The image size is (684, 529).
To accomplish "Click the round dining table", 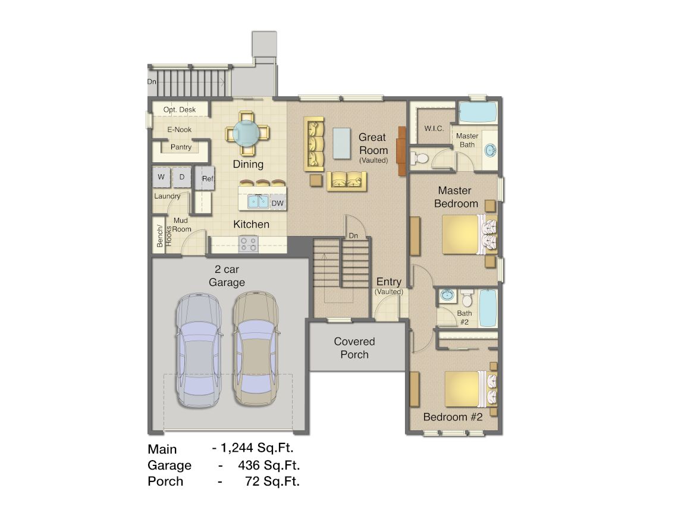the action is point(247,133).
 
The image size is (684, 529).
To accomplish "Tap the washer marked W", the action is point(161,177).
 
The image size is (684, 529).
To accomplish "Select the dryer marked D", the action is point(182,177).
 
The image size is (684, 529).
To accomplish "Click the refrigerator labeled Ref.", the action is point(205,178).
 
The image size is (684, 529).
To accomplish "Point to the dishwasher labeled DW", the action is point(277,203).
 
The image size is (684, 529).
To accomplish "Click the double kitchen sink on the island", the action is point(258,201).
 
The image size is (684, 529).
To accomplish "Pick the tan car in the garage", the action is point(256,348).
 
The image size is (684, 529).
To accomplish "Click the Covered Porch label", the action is point(354,348).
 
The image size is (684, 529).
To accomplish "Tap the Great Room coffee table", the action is point(341,143).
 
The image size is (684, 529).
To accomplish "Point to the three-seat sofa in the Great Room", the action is point(314,144).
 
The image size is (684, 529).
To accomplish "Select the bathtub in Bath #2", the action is point(488,308).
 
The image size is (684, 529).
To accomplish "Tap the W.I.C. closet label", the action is point(434,128).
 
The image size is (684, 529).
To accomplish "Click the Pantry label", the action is point(181,147).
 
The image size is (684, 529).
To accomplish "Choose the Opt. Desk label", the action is point(179,109).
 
